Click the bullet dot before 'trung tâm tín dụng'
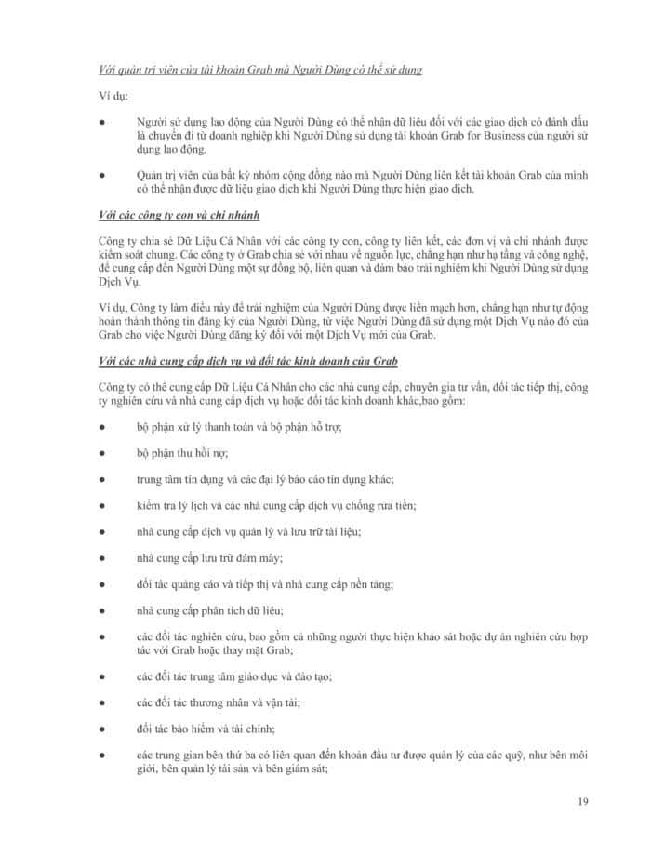101,479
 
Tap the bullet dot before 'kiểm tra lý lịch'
101,505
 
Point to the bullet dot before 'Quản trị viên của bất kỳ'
101,176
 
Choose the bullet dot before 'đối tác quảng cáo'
101,584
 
